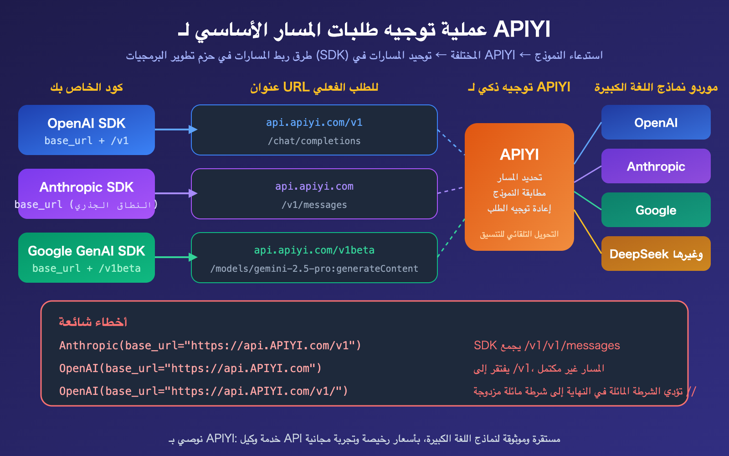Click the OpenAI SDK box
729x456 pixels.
[87, 130]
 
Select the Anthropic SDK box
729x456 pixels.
[87, 194]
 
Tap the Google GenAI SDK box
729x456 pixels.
[87, 258]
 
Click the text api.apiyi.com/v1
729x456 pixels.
[314, 123]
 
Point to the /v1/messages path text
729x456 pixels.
[314, 205]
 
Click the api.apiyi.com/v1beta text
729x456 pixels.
[314, 250]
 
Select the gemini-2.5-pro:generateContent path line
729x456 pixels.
[314, 269]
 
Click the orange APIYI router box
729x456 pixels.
[519, 187]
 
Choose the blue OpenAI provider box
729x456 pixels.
[656, 122]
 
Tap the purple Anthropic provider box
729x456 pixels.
[656, 166]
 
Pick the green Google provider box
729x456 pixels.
[656, 210]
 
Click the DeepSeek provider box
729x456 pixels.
[656, 254]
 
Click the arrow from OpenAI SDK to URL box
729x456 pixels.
[175, 130]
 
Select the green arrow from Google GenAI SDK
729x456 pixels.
[175, 257]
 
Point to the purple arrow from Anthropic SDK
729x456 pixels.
[175, 193]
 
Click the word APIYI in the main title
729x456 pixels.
[522, 30]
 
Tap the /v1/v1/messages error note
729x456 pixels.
[547, 346]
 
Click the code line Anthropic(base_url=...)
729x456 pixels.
[210, 346]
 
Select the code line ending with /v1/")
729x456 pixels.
[203, 391]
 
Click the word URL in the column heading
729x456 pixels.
[296, 87]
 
